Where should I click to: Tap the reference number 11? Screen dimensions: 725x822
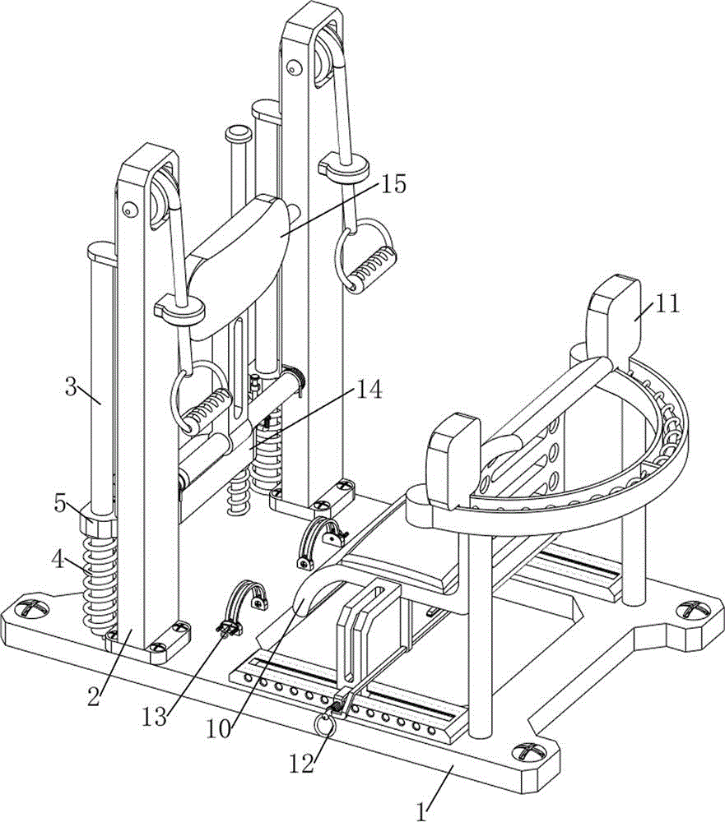click(667, 304)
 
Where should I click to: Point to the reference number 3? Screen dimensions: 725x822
click(72, 389)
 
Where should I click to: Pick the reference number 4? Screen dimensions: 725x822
click(58, 559)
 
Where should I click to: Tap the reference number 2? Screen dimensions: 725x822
click(94, 697)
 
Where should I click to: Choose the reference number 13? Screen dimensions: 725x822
click(155, 717)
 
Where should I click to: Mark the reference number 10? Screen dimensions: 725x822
click(218, 729)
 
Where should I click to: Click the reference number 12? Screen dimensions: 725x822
click(302, 763)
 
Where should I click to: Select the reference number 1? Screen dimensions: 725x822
click(421, 812)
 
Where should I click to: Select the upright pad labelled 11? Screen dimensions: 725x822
click(613, 320)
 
